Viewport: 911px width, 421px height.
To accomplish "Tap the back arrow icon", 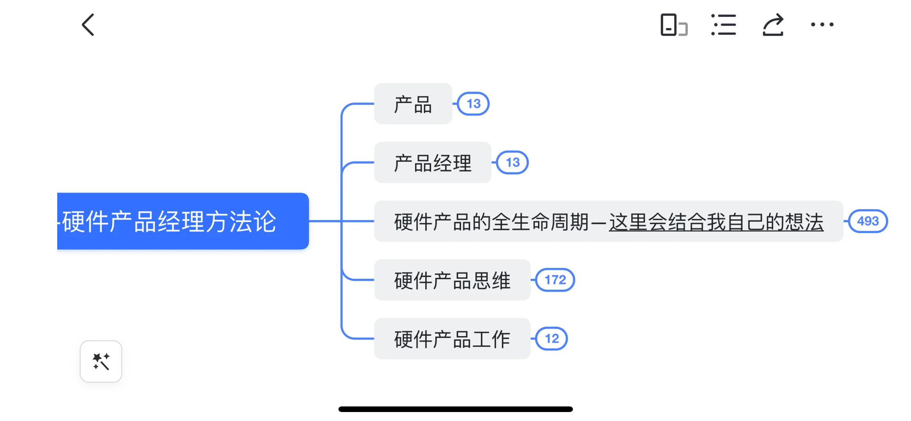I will pos(88,25).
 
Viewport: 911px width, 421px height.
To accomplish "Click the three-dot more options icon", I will pos(822,25).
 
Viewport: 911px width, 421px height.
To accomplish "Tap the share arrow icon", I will pos(773,25).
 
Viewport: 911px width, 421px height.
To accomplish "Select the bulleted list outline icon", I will pos(723,25).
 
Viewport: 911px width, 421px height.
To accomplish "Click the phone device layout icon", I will pos(673,25).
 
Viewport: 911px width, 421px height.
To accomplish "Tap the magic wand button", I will pos(101,361).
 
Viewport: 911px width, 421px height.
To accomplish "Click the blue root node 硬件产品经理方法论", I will pos(183,221).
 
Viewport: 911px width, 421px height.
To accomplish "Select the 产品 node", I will pos(413,104).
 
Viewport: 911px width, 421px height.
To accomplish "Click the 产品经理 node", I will pos(432,163).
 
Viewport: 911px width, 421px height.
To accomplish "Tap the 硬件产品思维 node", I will pos(452,280).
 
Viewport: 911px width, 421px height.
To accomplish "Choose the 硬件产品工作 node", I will pos(452,339).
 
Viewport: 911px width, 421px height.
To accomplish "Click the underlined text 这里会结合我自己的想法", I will pos(716,222).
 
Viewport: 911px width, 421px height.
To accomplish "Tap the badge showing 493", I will pos(868,221).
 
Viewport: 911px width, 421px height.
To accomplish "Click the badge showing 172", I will pos(555,280).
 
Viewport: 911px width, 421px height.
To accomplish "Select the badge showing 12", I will pos(552,339).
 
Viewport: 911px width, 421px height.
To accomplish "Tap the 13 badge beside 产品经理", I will pos(513,163).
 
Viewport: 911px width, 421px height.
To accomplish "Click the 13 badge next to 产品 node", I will pos(473,104).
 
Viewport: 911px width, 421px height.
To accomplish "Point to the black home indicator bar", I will pos(455,409).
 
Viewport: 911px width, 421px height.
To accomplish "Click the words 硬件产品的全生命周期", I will pos(491,222).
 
